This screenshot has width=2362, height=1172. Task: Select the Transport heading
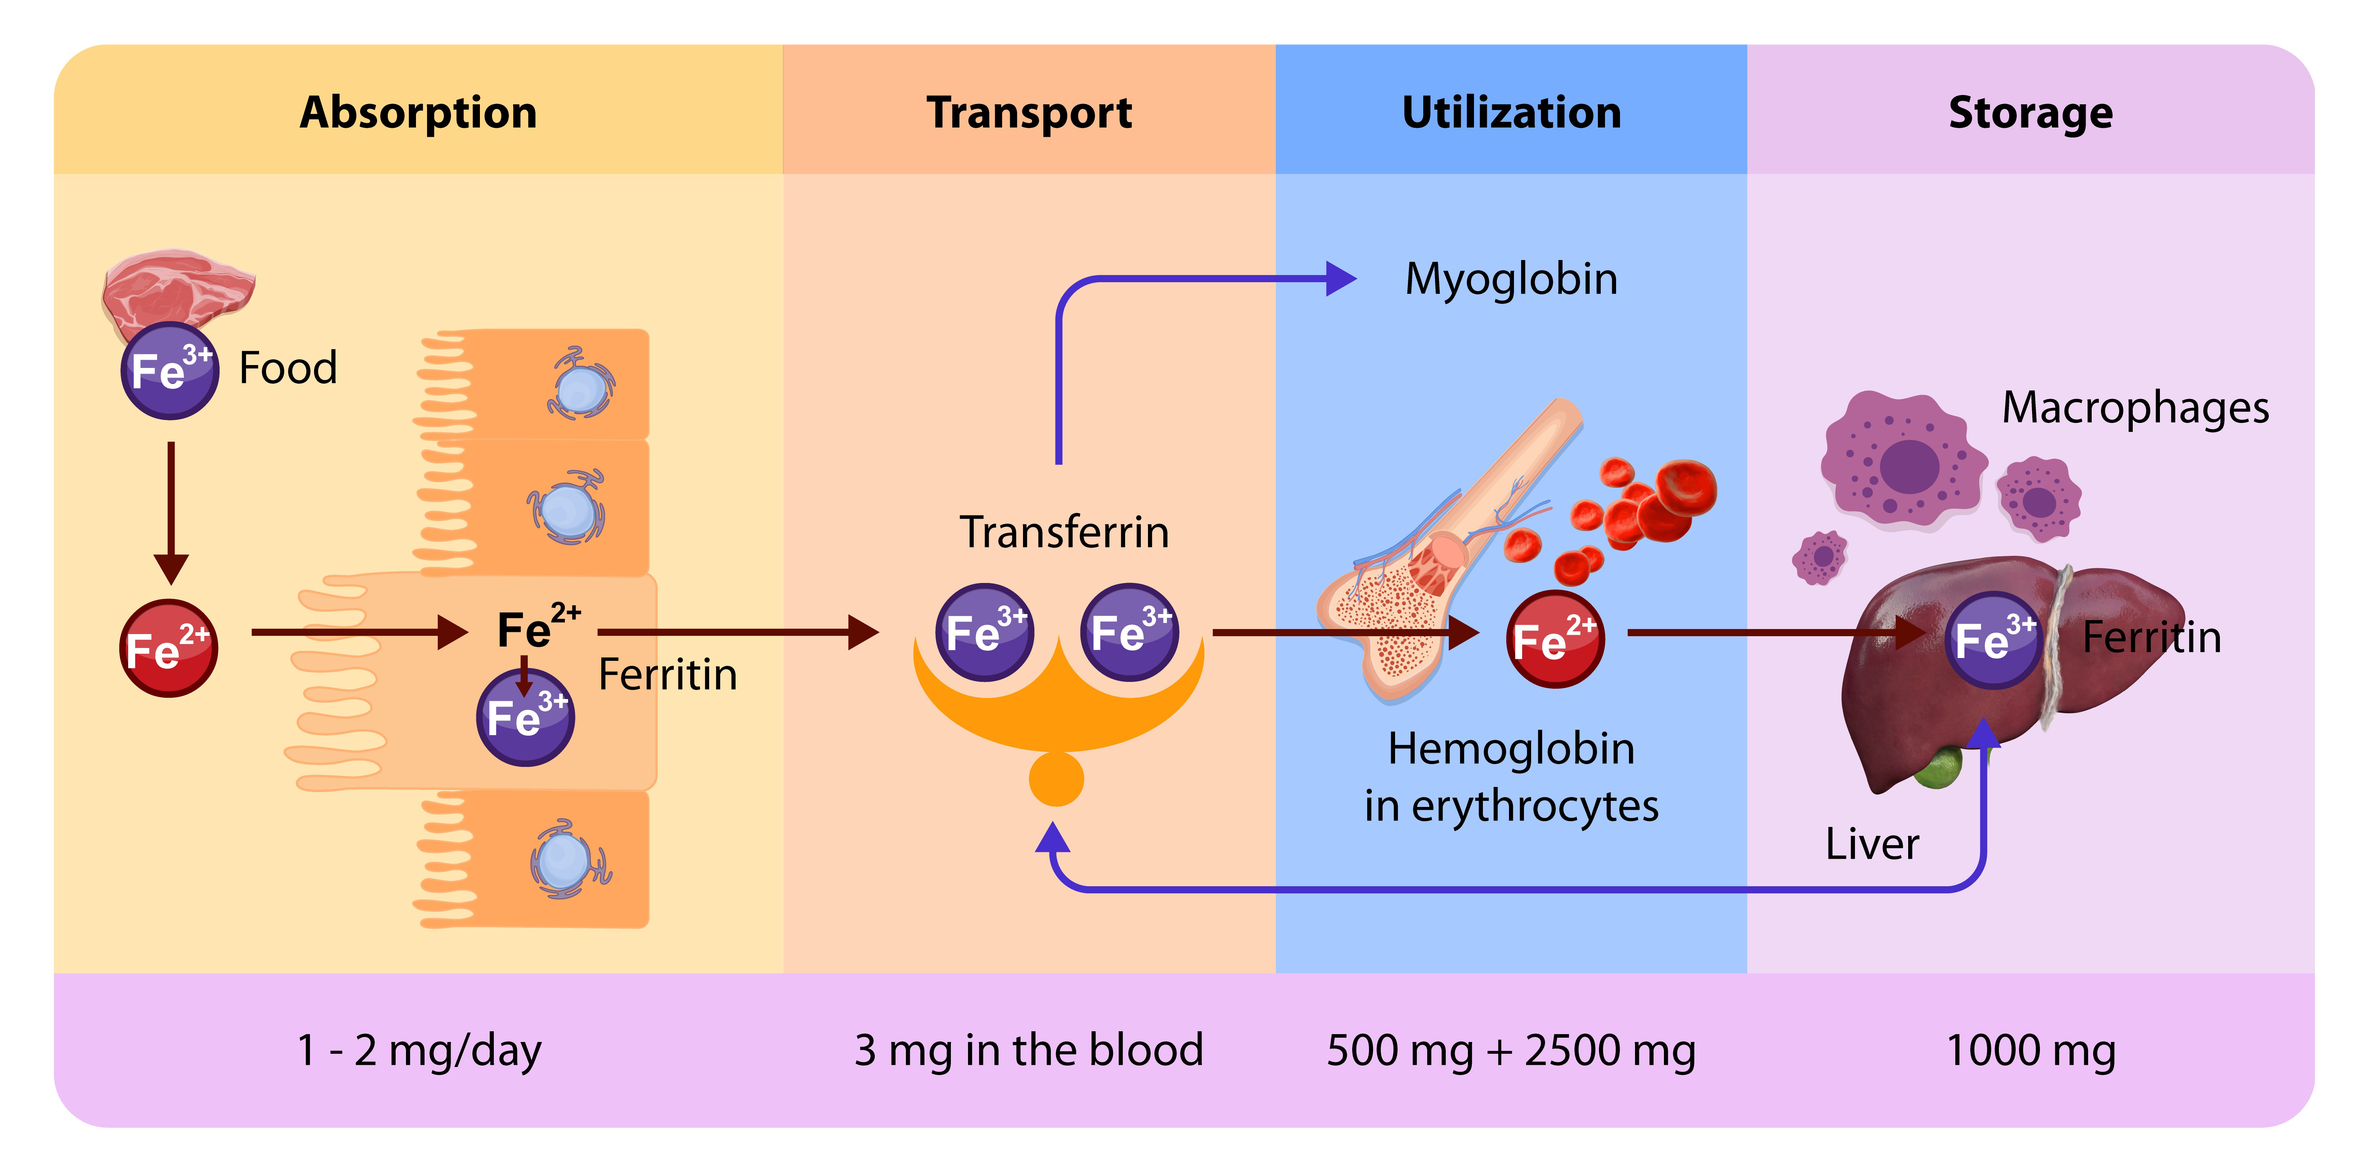click(1029, 113)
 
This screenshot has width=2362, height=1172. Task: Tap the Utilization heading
click(1511, 113)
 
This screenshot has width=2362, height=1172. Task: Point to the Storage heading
click(2030, 113)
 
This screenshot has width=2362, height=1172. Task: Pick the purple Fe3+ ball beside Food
click(170, 370)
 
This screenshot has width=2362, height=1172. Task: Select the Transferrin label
click(1064, 532)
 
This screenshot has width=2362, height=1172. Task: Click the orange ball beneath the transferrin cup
click(1056, 779)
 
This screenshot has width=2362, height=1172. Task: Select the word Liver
click(1871, 844)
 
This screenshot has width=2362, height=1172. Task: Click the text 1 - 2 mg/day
click(419, 1050)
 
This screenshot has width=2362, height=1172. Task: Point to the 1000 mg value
click(2030, 1050)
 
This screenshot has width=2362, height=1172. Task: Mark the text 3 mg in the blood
click(1029, 1050)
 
